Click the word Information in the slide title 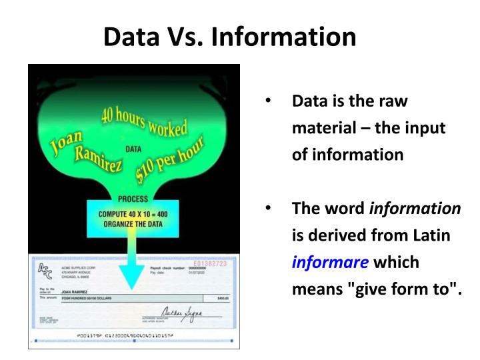coord(284,36)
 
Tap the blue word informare coord(330,262)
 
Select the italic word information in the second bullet coord(415,208)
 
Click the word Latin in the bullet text coord(432,235)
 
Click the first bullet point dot coord(268,101)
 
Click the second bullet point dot coord(268,208)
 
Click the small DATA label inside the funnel coord(133,149)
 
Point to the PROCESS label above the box coord(133,199)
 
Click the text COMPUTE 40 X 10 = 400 coord(133,214)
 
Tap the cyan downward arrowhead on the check coord(134,279)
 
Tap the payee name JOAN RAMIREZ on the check coord(75,291)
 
